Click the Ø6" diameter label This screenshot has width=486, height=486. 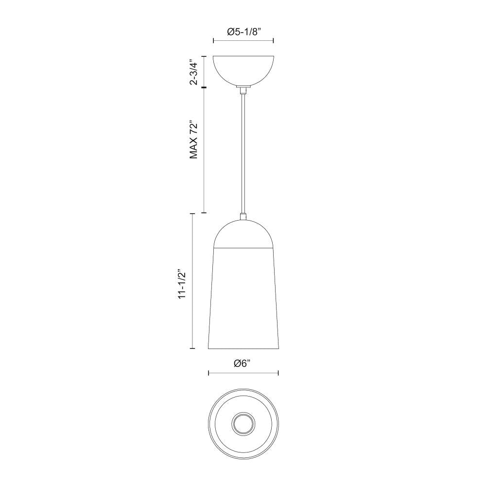(243, 364)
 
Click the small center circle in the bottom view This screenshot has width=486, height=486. (243, 424)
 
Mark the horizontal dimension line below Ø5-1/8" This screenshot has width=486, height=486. (243, 41)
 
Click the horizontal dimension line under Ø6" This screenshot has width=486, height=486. (243, 373)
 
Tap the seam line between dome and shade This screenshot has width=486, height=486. (243, 247)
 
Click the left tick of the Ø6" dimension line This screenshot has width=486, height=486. (208, 373)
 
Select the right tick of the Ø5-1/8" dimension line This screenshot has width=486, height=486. (273, 41)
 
